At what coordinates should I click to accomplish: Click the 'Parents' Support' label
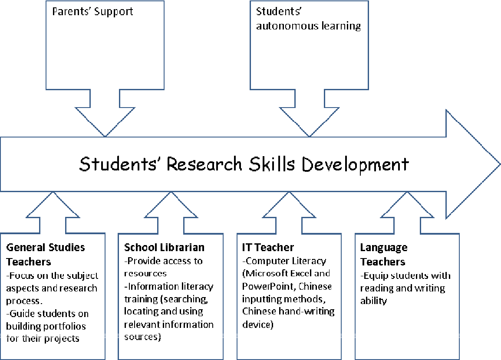pos(92,11)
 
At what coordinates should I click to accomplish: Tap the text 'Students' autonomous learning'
pos(308,19)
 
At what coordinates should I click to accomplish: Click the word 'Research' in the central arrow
pos(204,164)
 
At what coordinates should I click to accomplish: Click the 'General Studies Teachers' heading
pos(46,255)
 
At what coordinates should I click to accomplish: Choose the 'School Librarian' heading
pos(164,248)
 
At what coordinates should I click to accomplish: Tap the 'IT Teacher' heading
pos(268,248)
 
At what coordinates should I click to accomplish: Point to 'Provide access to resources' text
pos(163,267)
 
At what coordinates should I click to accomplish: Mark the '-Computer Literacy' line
pos(284,261)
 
